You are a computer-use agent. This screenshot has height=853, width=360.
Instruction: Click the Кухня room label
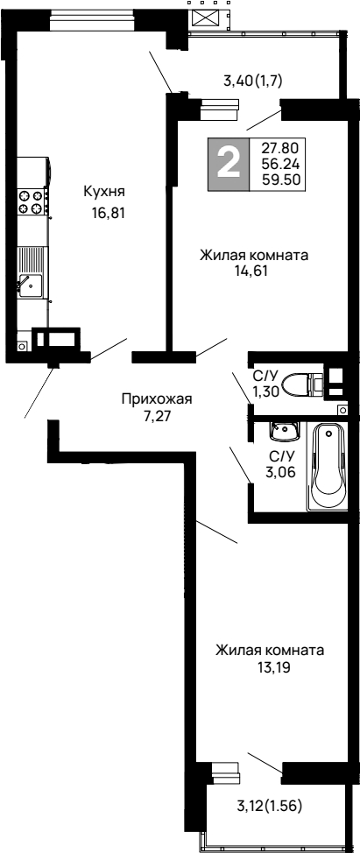click(104, 192)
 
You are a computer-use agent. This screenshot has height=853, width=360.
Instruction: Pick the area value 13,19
click(270, 666)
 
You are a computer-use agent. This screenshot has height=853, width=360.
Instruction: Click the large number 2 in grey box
click(228, 164)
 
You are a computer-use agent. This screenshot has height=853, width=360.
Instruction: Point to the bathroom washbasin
click(284, 431)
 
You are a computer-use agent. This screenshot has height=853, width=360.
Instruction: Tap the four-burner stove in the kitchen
click(32, 202)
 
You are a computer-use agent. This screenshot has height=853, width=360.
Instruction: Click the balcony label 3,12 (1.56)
click(270, 806)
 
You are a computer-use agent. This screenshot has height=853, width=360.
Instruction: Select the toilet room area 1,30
click(265, 391)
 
